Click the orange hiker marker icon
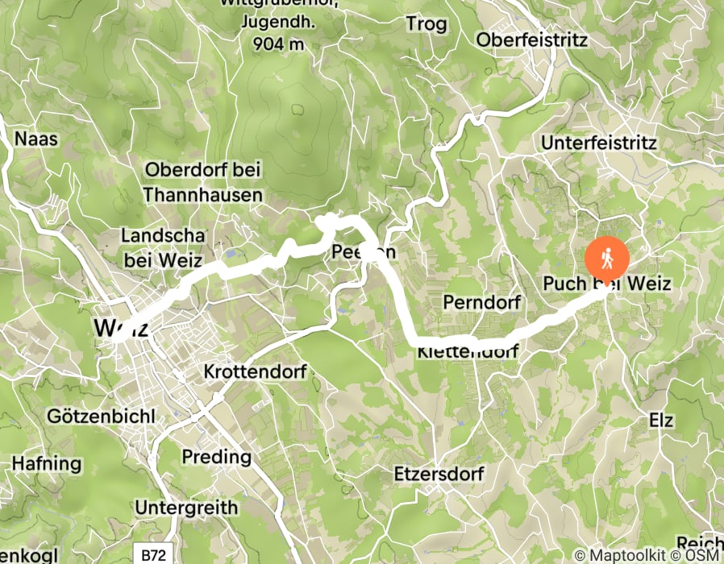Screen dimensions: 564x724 pos(607,257)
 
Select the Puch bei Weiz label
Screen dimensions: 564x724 pos(607,284)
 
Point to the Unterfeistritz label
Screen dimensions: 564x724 pos(600,143)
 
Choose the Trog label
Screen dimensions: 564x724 pos(427,24)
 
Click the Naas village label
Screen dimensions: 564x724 pos(36,139)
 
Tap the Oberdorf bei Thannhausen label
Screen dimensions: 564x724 pos(203,182)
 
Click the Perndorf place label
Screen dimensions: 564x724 pos(482,302)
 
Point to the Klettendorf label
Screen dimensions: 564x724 pos(468,352)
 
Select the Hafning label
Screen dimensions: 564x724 pos(47,464)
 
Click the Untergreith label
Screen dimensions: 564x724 pos(186,508)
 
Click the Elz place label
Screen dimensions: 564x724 pos(661,421)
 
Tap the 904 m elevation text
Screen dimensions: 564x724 pos(273,44)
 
